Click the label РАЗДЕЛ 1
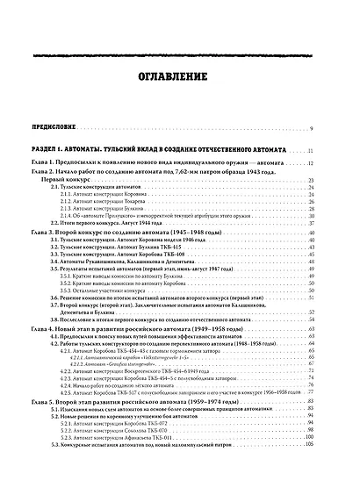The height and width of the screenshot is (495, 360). tap(45, 152)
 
